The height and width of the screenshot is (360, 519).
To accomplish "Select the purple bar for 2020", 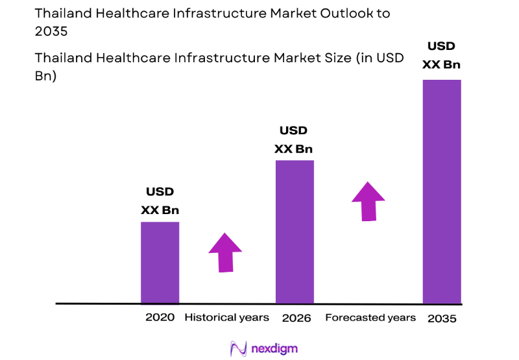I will coord(160,262).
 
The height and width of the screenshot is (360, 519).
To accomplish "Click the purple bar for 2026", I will coord(295,232).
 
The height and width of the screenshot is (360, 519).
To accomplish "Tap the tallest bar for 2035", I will coord(442,191).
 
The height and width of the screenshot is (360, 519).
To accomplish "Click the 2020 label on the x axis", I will coord(160,318).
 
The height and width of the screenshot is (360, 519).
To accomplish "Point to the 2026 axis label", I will coord(296,318).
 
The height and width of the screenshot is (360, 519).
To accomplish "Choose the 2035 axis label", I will coord(442,318).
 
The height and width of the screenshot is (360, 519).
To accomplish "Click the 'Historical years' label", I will coord(226,317).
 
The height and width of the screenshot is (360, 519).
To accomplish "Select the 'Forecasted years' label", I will coord(370,317).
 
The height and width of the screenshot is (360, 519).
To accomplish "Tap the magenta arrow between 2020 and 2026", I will coord(225,252).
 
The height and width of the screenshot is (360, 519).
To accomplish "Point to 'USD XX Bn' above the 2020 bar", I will coord(160,201).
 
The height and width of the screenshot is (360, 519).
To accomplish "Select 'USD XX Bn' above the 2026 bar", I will coord(294,139).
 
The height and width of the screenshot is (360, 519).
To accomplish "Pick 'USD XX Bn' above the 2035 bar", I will coord(441,55).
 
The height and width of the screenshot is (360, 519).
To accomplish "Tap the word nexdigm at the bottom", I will coord(274,348).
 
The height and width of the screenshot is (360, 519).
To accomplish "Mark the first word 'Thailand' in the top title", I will coord(62,13).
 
